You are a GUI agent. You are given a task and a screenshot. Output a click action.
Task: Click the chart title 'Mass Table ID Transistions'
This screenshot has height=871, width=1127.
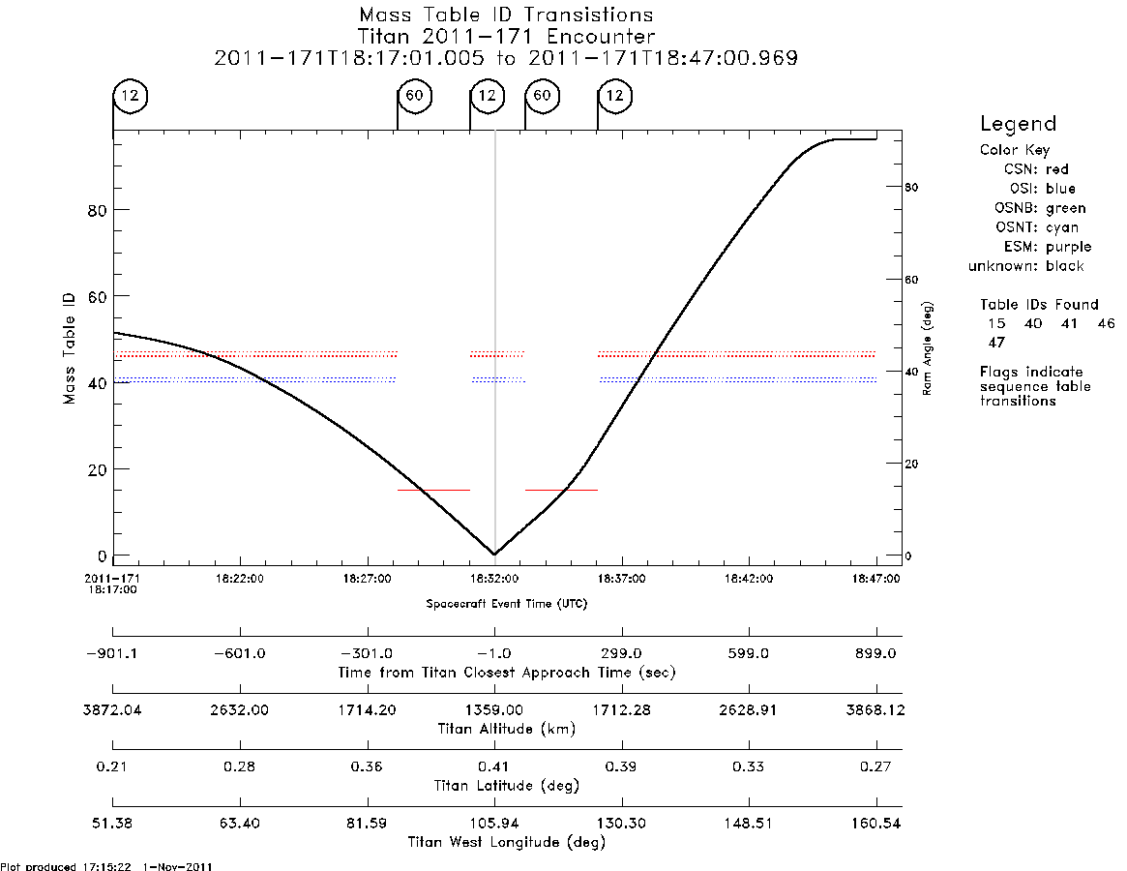506,15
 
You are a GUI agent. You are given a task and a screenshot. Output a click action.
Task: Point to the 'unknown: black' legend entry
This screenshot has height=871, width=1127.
1025,266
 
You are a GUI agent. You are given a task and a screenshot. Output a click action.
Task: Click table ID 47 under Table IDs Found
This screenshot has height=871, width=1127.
996,343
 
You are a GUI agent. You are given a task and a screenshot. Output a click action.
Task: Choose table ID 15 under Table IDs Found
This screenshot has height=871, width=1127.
996,323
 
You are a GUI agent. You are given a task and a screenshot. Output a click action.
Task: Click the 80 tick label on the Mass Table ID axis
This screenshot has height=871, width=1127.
97,211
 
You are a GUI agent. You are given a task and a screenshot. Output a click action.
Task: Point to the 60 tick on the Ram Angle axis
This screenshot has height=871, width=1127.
911,280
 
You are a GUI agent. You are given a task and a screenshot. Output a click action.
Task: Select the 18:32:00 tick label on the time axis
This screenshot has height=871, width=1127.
494,579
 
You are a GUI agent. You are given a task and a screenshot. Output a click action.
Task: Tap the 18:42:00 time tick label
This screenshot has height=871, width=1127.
749,579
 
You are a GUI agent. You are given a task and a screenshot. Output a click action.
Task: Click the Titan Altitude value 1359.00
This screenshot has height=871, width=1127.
494,710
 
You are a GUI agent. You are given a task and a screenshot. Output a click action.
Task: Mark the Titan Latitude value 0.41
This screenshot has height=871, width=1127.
493,766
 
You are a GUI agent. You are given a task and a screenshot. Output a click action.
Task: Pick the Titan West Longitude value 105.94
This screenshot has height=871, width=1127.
494,824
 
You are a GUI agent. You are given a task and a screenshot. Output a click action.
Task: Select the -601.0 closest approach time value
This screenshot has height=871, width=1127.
239,654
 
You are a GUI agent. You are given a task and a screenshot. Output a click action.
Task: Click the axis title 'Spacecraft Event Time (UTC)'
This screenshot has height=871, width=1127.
507,604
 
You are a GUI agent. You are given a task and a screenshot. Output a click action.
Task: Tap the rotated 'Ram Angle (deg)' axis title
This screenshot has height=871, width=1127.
927,348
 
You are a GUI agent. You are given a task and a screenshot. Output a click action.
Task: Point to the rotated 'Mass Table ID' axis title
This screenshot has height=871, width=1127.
69,348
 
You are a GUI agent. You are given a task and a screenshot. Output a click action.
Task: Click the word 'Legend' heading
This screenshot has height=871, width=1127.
1018,125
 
